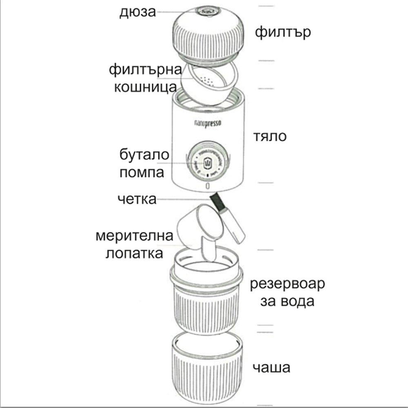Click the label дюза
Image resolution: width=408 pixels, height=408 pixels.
tap(137, 12)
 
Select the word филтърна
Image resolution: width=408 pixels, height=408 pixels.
tap(145, 70)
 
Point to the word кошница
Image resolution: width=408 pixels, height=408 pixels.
tap(145, 87)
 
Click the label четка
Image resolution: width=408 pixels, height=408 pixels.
tap(137, 200)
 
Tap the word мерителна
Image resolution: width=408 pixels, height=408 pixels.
tap(135, 236)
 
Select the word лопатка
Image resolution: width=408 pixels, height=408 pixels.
tap(135, 253)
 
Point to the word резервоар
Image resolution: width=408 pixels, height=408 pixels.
tap(288, 284)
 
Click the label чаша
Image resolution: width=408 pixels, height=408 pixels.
tap(271, 368)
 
